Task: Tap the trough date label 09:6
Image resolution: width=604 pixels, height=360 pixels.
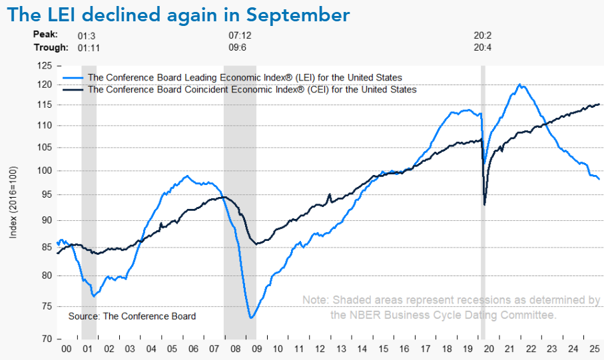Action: tap(238, 47)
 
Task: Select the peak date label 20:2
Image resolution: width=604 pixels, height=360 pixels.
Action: tap(481, 34)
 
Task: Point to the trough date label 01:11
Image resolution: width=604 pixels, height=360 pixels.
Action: tap(89, 47)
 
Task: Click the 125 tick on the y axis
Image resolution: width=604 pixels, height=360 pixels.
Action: tap(45, 66)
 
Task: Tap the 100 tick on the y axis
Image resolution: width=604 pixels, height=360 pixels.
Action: tap(45, 171)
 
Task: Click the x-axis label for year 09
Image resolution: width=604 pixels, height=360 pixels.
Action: tap(256, 349)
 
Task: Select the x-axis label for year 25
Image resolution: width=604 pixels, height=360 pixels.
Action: tap(592, 349)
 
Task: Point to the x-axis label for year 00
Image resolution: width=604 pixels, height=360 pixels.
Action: tap(67, 349)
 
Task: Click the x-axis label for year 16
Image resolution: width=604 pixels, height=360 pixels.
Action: tap(404, 349)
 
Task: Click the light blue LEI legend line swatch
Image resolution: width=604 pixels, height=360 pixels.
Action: tap(73, 78)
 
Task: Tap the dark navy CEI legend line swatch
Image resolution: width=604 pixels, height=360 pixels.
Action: tap(73, 89)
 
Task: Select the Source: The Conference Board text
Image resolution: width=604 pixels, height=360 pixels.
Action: tap(132, 316)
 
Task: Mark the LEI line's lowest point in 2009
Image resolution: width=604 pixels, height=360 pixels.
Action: tap(251, 317)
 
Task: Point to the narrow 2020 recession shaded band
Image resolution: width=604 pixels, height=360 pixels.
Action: tap(483, 200)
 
